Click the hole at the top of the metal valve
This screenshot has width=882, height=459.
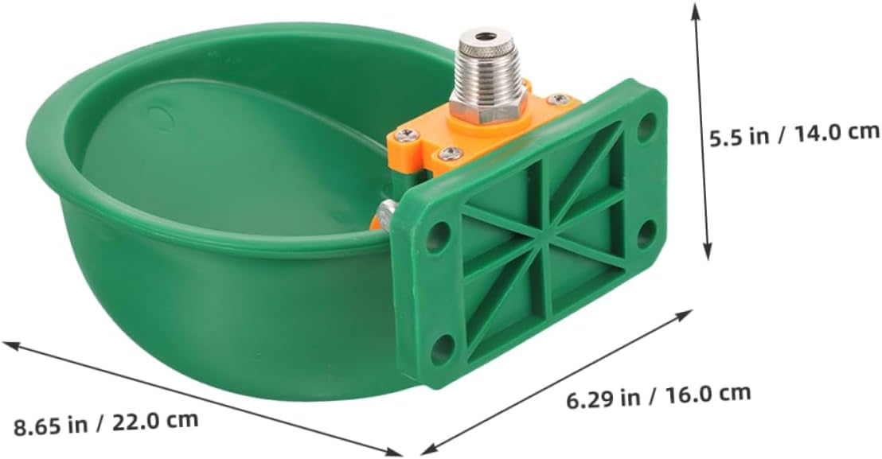(479, 36)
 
